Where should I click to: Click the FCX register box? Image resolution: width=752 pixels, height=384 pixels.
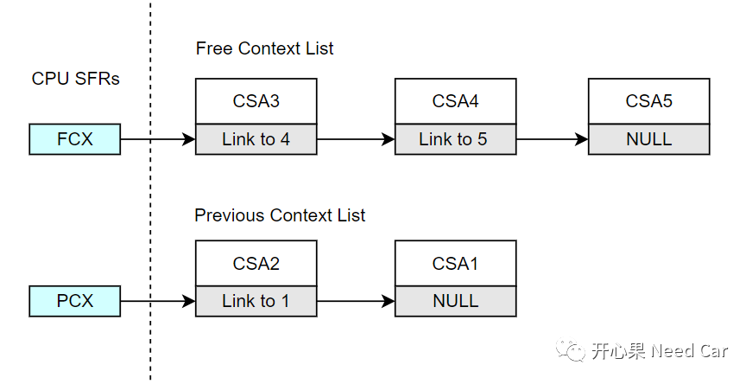(75, 139)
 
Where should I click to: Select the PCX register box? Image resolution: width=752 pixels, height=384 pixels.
(75, 301)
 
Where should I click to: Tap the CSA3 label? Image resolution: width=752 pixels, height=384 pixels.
(256, 101)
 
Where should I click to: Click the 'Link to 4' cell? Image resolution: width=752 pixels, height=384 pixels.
(256, 139)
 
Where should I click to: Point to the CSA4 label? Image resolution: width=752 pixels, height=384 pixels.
(456, 101)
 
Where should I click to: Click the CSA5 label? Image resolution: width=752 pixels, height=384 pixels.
(649, 101)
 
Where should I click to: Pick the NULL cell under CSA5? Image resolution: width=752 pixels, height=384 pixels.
(649, 139)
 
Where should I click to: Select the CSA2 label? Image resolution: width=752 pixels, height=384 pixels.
(256, 263)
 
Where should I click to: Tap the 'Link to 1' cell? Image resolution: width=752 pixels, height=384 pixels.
(256, 301)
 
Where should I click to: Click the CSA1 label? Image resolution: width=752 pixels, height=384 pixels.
(456, 263)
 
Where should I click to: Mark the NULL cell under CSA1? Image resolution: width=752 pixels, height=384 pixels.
(456, 301)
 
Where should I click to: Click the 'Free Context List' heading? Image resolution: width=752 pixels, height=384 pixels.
(264, 48)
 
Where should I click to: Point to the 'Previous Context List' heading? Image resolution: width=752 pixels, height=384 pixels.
(280, 215)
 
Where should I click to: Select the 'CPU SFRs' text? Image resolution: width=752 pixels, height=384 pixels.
(75, 79)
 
